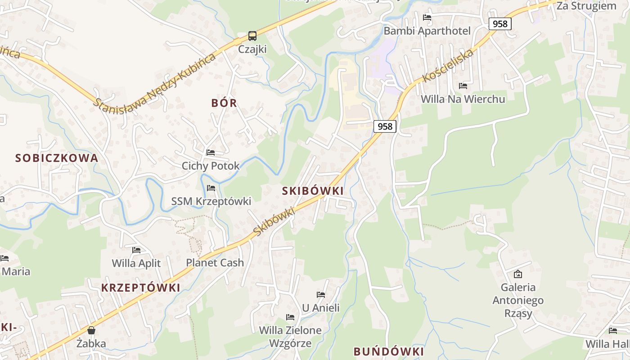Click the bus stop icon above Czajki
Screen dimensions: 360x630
click(x=252, y=36)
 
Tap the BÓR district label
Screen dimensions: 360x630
click(x=224, y=103)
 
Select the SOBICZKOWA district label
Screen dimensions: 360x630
click(x=57, y=158)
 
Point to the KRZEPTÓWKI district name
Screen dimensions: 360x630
click(x=140, y=288)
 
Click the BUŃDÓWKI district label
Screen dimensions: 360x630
click(x=389, y=351)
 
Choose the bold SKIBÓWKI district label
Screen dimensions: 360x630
click(x=313, y=191)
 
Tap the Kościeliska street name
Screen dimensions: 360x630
click(x=448, y=66)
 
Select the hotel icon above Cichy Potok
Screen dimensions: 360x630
click(x=211, y=153)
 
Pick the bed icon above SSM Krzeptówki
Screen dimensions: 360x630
click(x=211, y=188)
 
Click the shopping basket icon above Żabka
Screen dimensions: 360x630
click(x=91, y=331)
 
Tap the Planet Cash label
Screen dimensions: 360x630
click(x=215, y=263)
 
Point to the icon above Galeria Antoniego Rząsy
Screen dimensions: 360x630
click(x=518, y=274)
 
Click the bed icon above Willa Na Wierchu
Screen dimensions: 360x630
click(x=463, y=85)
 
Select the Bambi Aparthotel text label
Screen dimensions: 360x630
click(x=427, y=31)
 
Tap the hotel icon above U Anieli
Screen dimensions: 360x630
click(x=321, y=295)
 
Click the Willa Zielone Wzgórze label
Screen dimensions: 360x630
click(x=290, y=337)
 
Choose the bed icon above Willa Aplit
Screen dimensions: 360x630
click(x=136, y=250)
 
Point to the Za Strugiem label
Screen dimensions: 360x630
click(x=586, y=6)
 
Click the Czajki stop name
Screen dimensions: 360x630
click(x=252, y=49)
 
